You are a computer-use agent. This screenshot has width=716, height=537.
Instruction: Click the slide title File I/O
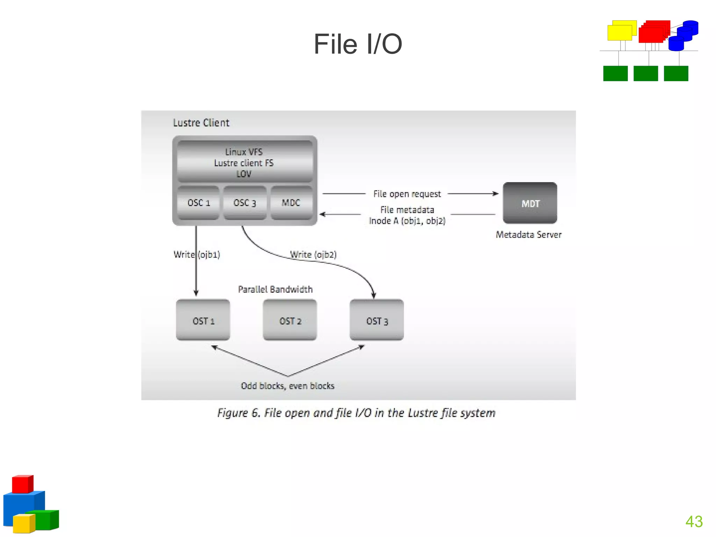(x=358, y=44)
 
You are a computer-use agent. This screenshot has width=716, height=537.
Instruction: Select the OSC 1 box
(x=199, y=203)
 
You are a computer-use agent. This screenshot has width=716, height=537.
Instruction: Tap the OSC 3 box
(x=245, y=203)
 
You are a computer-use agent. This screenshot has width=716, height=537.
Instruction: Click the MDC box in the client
(x=291, y=203)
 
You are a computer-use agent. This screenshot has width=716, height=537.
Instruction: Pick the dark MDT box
(x=530, y=203)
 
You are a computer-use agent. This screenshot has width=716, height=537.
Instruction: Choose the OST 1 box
(x=203, y=320)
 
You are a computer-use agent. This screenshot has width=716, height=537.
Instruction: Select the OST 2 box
(x=290, y=320)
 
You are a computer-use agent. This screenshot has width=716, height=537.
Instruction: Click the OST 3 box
(x=377, y=320)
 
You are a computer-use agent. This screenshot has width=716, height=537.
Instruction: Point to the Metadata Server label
(x=529, y=235)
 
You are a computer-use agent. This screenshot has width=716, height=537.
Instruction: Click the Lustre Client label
(x=201, y=123)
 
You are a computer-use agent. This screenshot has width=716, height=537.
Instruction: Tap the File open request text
(x=407, y=194)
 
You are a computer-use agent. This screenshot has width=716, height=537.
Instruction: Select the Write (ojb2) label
(x=314, y=255)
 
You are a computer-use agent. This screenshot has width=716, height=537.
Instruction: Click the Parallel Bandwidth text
(x=275, y=289)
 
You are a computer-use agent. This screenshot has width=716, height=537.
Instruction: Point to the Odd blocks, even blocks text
(x=287, y=386)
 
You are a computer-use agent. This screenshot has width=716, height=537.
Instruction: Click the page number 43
(x=694, y=522)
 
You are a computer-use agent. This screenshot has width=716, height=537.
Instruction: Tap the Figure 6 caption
(x=356, y=413)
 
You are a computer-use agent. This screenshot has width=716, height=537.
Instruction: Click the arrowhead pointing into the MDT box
(x=495, y=193)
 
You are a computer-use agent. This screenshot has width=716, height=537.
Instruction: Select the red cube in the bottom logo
(x=22, y=484)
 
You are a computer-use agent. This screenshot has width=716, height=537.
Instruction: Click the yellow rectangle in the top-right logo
(x=620, y=33)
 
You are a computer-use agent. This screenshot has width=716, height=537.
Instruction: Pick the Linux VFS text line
(x=244, y=152)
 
